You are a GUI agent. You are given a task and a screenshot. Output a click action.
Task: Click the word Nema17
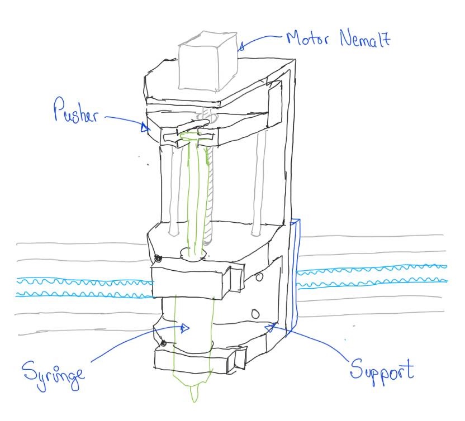[x=364, y=40]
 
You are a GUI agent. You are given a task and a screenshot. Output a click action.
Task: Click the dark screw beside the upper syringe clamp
[x=159, y=259]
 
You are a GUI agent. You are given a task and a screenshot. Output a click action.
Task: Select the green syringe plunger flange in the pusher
[x=190, y=135]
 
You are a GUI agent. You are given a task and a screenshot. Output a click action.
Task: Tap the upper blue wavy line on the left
[x=84, y=281]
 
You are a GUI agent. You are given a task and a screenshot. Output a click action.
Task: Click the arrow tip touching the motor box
[x=240, y=48]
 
